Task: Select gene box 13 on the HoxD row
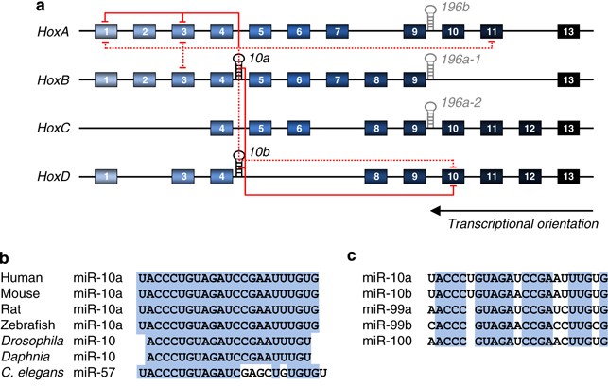click(568, 176)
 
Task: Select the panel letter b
click(6, 257)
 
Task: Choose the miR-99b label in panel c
click(384, 325)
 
